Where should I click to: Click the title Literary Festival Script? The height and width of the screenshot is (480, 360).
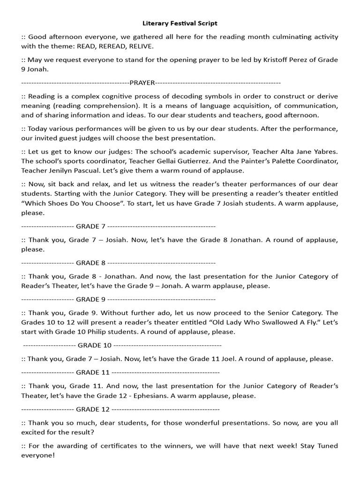(180, 23)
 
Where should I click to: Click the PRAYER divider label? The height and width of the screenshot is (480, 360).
(142, 82)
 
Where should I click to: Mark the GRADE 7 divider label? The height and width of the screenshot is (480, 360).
(91, 226)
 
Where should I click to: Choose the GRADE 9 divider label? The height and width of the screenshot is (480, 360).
(91, 299)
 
